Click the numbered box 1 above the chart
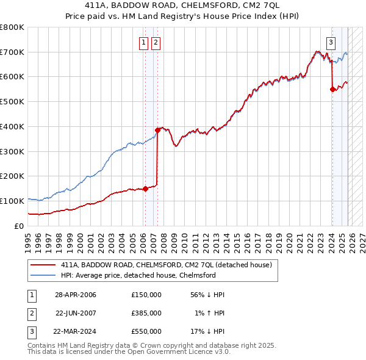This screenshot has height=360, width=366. pyautogui.click(x=143, y=42)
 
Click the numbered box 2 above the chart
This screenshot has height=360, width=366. pyautogui.click(x=156, y=42)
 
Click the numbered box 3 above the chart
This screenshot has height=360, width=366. pyautogui.click(x=331, y=42)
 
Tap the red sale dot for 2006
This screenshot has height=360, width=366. pyautogui.click(x=145, y=189)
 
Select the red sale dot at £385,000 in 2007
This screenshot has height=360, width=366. pyautogui.click(x=157, y=130)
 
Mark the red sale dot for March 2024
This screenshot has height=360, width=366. pyautogui.click(x=332, y=89)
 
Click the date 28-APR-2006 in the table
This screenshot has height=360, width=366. pyautogui.click(x=76, y=295)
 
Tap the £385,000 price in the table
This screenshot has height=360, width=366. pyautogui.click(x=146, y=313)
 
